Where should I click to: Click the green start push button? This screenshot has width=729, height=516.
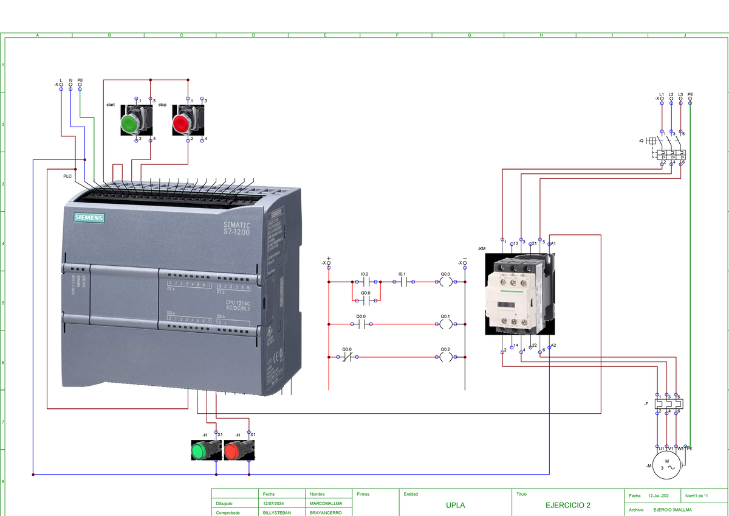(x=129, y=124)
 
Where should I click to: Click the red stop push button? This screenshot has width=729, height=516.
(x=182, y=124)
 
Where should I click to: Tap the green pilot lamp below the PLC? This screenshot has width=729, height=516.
(x=199, y=451)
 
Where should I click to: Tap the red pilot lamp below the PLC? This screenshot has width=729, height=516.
(x=232, y=451)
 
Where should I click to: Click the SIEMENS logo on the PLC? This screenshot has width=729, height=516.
(x=89, y=218)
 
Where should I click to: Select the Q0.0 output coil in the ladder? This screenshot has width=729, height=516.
(x=446, y=282)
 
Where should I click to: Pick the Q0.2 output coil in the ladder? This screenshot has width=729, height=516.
(x=446, y=358)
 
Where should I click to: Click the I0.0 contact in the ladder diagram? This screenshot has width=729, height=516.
(x=366, y=282)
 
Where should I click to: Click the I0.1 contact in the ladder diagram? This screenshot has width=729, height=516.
(x=403, y=282)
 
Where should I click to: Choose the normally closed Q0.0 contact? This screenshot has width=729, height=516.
(x=347, y=358)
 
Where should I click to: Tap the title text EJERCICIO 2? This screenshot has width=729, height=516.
(x=567, y=506)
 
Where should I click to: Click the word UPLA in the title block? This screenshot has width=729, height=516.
(x=456, y=506)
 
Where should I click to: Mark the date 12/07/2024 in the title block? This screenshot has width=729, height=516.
(x=274, y=504)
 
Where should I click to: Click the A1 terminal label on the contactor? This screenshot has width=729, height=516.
(x=553, y=244)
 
